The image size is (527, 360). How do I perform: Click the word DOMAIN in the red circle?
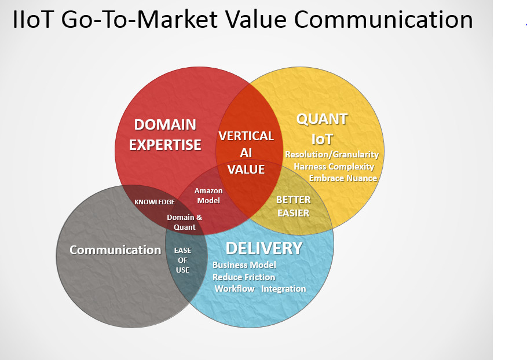pos(165,124)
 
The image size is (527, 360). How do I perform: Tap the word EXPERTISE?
pos(165,145)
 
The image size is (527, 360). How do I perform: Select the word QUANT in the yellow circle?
pos(322,119)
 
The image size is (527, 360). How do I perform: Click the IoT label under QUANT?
pos(322,139)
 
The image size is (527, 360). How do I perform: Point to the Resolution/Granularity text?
pos(332,155)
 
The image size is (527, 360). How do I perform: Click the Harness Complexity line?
pos(334,167)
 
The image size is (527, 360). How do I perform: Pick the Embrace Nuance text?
pos(343,178)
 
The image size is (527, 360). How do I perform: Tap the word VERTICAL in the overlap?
pos(246,136)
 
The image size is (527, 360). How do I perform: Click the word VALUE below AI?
pos(246,169)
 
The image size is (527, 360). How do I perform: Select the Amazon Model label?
pos(208,196)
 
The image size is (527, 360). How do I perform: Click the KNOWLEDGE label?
pos(155,202)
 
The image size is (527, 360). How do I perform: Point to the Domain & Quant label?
pos(185,222)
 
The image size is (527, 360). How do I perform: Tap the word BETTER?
pos(294,200)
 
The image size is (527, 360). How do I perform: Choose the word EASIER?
pos(294,213)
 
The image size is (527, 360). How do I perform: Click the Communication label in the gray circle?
pos(115,250)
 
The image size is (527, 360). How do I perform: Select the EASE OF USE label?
pos(182,260)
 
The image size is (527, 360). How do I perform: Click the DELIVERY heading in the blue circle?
pos(264,248)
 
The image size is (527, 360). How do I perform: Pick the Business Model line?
pos(244,265)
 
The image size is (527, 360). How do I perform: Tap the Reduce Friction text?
pos(244,277)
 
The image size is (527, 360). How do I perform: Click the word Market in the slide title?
pos(177,19)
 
